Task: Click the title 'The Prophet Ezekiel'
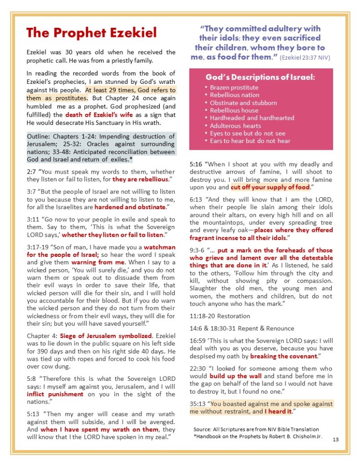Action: [91, 33]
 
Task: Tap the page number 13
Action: [336, 439]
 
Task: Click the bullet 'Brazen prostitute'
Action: [234, 87]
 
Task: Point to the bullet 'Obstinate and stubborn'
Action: [243, 102]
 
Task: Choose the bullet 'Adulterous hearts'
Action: [235, 126]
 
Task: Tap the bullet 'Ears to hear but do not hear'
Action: [250, 141]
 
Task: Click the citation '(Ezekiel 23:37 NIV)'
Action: [305, 58]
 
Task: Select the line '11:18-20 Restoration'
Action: [220, 315]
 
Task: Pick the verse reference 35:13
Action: [198, 404]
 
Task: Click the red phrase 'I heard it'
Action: [279, 412]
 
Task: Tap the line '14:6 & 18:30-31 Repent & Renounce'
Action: [242, 328]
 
